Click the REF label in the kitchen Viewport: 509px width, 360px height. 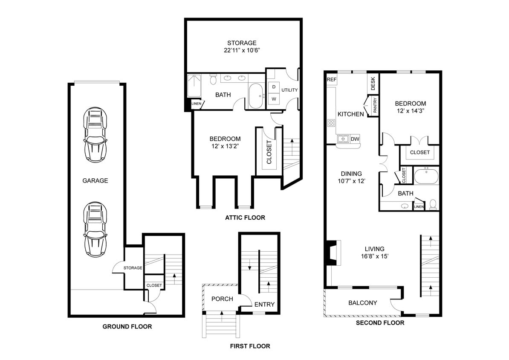(331, 80)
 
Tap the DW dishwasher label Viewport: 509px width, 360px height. (355, 139)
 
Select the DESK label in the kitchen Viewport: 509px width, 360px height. (373, 84)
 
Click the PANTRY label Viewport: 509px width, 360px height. (375, 106)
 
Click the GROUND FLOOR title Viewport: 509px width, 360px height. (127, 327)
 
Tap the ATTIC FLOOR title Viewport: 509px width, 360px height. (245, 218)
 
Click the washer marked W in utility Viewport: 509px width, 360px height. (274, 99)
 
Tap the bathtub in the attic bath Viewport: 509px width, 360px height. (256, 96)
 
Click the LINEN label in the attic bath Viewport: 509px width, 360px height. (196, 104)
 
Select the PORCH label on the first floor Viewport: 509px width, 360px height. (222, 299)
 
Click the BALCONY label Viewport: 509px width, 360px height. (362, 303)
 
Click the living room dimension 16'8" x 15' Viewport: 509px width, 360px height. (374, 257)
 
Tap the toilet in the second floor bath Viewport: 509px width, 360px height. (433, 204)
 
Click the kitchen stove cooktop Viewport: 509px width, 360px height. (331, 123)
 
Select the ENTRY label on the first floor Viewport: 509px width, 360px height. (264, 305)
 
